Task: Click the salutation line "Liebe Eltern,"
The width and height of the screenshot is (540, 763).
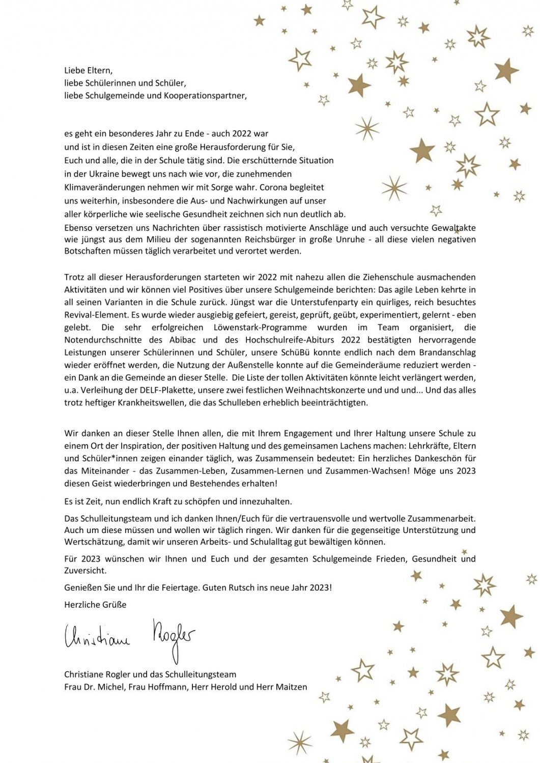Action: coord(88,71)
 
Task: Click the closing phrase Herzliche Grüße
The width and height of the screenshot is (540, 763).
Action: coord(95,605)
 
